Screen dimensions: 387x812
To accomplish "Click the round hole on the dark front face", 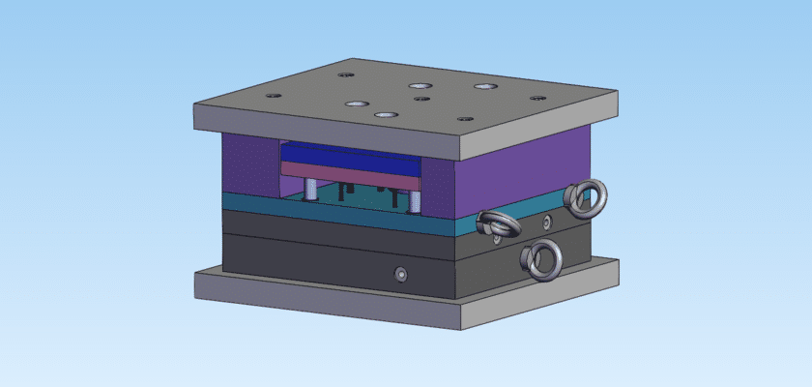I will coord(401,275).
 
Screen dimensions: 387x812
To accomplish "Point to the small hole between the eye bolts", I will coord(547,223).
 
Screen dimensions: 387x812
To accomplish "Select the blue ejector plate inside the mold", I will coord(348,155).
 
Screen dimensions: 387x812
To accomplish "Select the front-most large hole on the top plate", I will coord(386,114).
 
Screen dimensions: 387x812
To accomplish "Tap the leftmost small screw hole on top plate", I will coord(274,96).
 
